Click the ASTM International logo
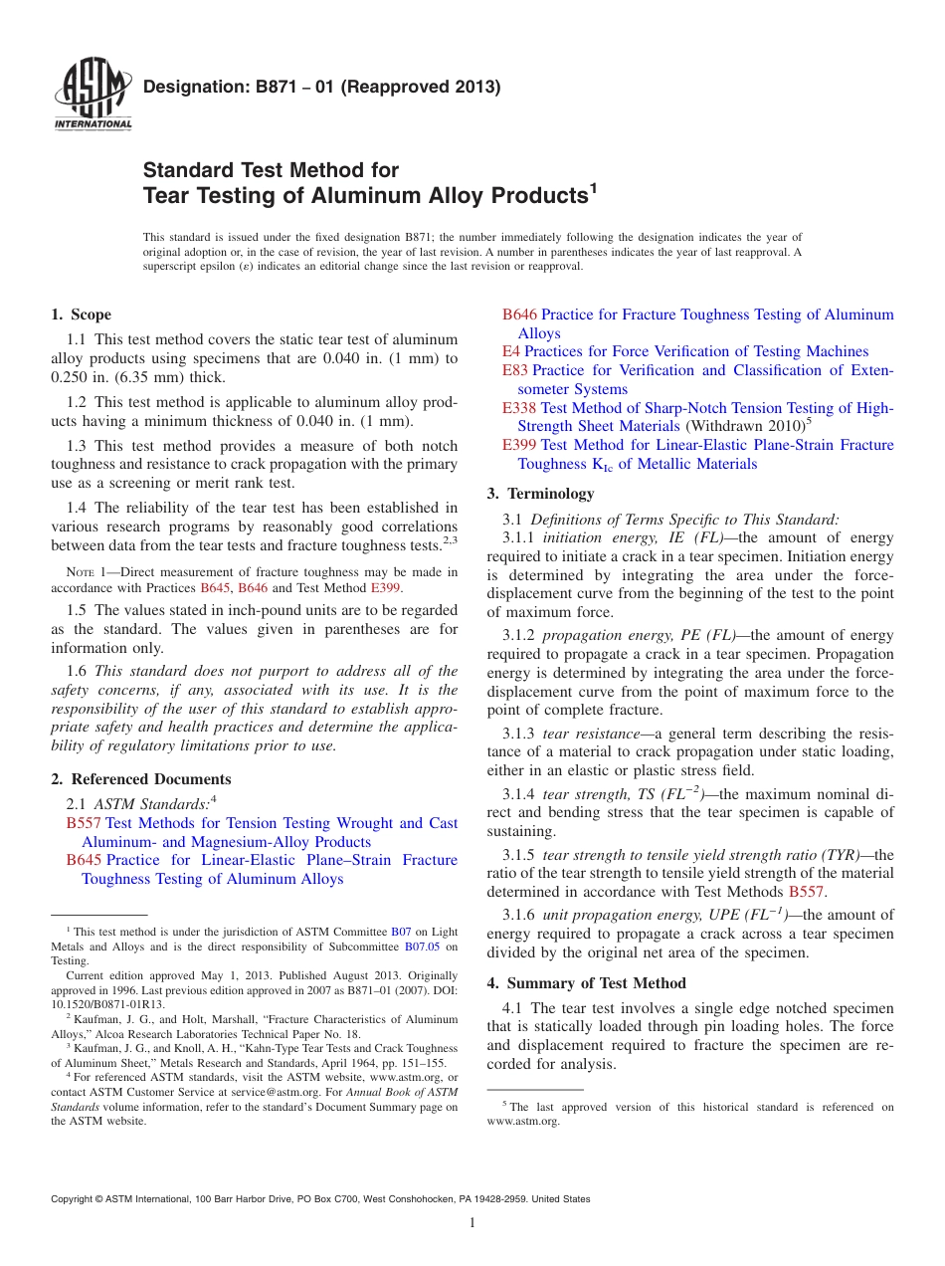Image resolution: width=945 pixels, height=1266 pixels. (x=92, y=95)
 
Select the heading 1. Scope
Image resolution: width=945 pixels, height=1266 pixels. (x=81, y=315)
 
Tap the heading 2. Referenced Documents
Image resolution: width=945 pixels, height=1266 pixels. (x=140, y=779)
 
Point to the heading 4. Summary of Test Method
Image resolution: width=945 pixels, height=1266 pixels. (x=586, y=983)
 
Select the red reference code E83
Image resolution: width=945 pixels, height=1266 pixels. (x=515, y=370)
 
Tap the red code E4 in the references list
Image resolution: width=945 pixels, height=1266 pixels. (x=510, y=351)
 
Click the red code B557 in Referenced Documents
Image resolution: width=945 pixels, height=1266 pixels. (x=84, y=823)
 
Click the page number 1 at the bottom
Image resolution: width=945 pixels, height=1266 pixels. (x=472, y=1222)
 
